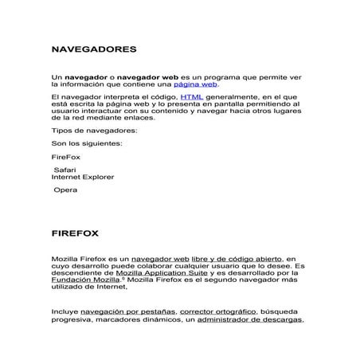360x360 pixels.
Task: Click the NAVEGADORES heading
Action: tap(94, 49)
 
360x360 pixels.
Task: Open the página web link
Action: tap(195, 84)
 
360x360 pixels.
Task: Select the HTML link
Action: tap(191, 96)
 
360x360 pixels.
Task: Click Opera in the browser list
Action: tap(65, 190)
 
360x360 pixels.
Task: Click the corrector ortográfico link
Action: tap(217, 311)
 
